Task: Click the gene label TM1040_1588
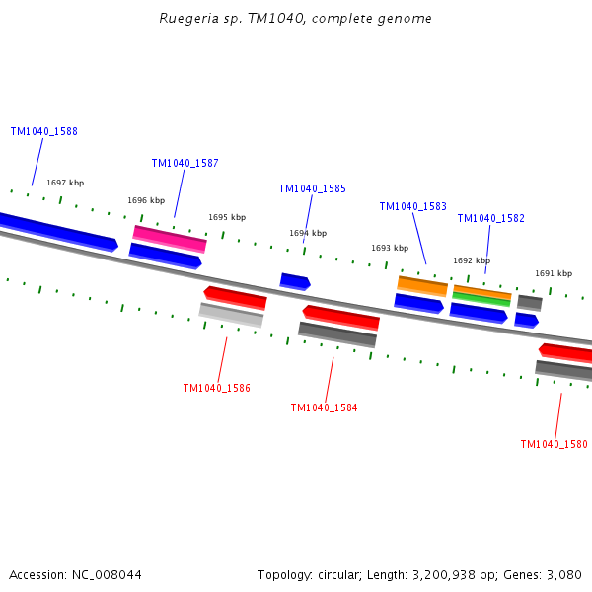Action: coord(44,131)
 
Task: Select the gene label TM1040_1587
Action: coord(185,163)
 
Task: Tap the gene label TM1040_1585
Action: coord(313,188)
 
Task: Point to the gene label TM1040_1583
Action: coord(413,206)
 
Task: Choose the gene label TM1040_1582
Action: coord(491,218)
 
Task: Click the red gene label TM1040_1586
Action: coord(217,388)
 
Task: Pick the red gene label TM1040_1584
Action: coord(325,407)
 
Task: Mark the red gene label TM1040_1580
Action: coord(555,444)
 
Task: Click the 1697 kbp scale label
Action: coord(65,183)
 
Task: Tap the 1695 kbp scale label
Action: coord(227,217)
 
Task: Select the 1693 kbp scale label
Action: coord(390,248)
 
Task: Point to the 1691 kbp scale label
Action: coord(554,273)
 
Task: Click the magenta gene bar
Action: coord(170,238)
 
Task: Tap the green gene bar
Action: coord(481,299)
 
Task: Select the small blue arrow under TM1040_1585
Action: coord(295,281)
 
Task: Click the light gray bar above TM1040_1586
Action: coord(231,314)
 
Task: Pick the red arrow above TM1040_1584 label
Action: coord(340,317)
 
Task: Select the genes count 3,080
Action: coord(565,574)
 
